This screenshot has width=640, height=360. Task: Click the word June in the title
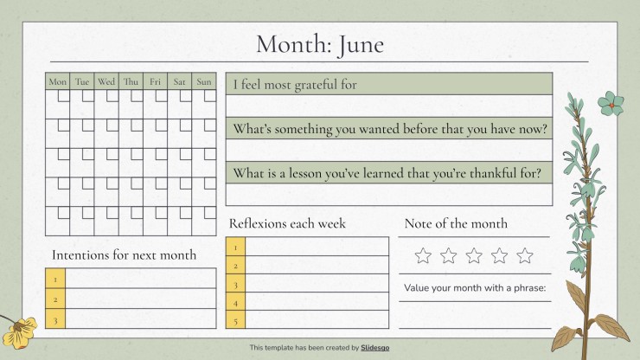pyautogui.click(x=361, y=45)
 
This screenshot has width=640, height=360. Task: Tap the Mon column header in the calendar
pyautogui.click(x=58, y=81)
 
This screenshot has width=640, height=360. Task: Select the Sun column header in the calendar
pyautogui.click(x=204, y=81)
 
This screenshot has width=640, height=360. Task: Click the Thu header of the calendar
pyautogui.click(x=131, y=81)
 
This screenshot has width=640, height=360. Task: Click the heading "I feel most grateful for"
pyautogui.click(x=295, y=85)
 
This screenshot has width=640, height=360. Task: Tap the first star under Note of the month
pyautogui.click(x=423, y=256)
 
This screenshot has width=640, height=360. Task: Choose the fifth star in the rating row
pyautogui.click(x=524, y=256)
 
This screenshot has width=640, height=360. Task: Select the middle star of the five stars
pyautogui.click(x=474, y=256)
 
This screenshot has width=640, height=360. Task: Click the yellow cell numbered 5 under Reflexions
pyautogui.click(x=235, y=319)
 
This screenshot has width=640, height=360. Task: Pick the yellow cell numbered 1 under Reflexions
pyautogui.click(x=235, y=247)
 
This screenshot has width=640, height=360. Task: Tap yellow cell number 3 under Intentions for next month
pyautogui.click(x=55, y=318)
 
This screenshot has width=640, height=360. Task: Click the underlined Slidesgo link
pyautogui.click(x=374, y=348)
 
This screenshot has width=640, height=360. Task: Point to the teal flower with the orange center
pyautogui.click(x=611, y=104)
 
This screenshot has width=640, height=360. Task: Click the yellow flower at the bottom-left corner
pyautogui.click(x=19, y=332)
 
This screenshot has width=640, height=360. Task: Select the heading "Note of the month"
pyautogui.click(x=456, y=223)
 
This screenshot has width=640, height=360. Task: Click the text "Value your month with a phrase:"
pyautogui.click(x=475, y=287)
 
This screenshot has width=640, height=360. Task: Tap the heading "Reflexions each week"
pyautogui.click(x=287, y=223)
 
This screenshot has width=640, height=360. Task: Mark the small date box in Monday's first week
pyautogui.click(x=64, y=95)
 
